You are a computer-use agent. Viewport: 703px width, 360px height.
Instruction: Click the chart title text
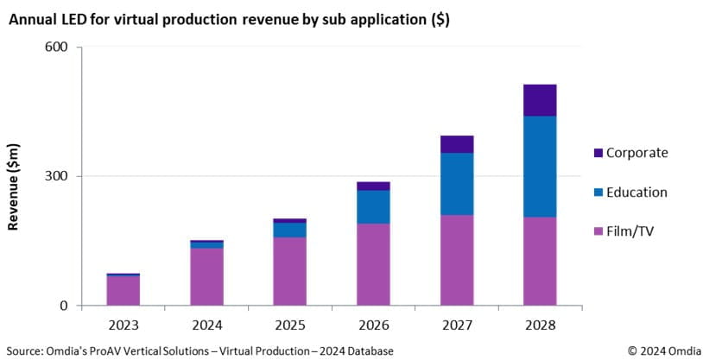[230, 17]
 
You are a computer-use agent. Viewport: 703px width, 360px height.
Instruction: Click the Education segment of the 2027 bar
[457, 184]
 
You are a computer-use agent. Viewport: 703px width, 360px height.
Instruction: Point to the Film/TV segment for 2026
[373, 264]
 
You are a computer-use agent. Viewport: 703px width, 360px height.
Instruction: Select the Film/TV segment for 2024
[206, 276]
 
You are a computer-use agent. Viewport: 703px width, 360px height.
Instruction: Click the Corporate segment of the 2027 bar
[457, 144]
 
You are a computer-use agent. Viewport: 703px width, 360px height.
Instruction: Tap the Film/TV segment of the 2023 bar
[123, 290]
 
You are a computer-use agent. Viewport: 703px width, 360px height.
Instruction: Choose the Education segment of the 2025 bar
[290, 230]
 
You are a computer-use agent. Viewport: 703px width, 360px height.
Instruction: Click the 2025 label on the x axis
[290, 325]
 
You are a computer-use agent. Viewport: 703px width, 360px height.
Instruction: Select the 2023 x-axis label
[123, 325]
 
